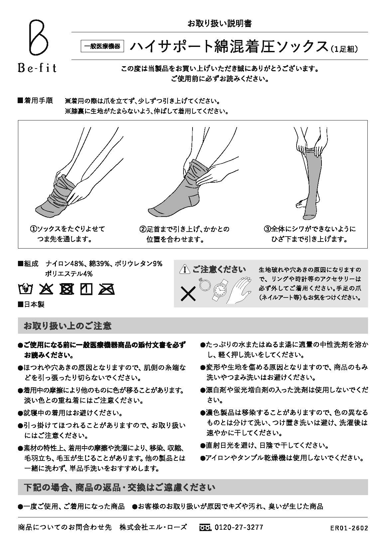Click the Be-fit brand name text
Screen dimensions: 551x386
pyautogui.click(x=37, y=68)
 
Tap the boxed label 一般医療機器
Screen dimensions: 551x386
pyautogui.click(x=102, y=47)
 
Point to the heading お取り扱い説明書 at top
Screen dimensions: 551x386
pyautogui.click(x=220, y=23)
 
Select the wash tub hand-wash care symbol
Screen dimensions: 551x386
pyautogui.click(x=25, y=289)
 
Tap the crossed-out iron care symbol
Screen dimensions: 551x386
pyautogui.click(x=106, y=289)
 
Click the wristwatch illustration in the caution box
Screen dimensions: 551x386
pyautogui.click(x=220, y=289)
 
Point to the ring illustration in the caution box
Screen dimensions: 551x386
pyautogui.click(x=203, y=284)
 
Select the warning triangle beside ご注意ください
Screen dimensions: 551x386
pyautogui.click(x=184, y=270)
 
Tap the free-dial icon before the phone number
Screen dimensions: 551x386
pyautogui.click(x=205, y=528)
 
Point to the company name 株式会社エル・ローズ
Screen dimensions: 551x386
pyautogui.click(x=153, y=527)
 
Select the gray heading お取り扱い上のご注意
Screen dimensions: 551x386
pyautogui.click(x=67, y=326)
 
